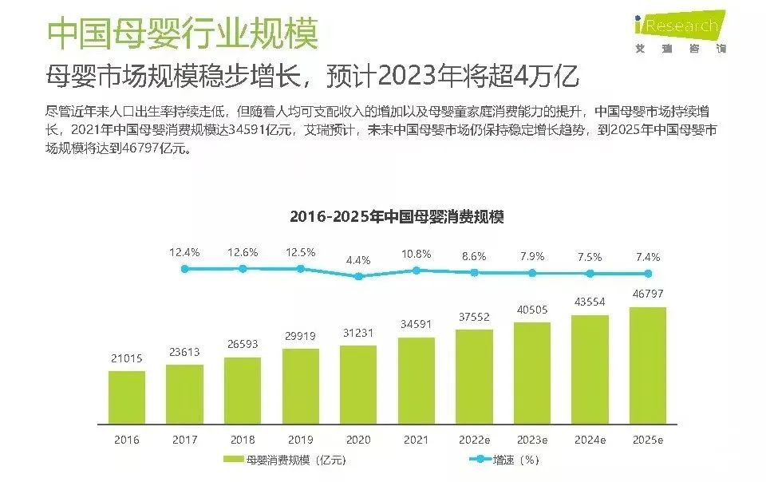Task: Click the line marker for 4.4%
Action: [x=358, y=276]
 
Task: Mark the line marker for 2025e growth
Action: [x=648, y=273]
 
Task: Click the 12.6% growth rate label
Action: [x=243, y=252]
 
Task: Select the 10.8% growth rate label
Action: [x=416, y=254]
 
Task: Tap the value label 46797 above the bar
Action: [x=648, y=294]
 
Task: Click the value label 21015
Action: [x=127, y=359]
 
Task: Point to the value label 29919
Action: [x=300, y=336]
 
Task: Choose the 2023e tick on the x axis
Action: [x=532, y=440]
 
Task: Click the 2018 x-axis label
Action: [x=243, y=440]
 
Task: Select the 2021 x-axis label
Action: [x=416, y=440]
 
